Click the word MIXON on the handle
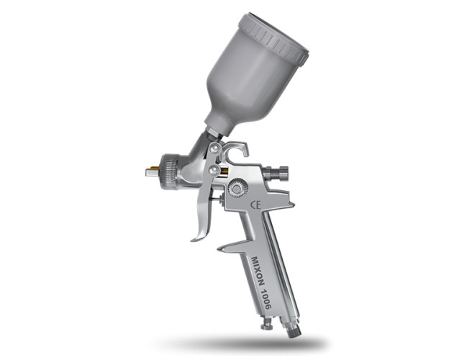click(258, 271)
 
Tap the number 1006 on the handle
click(265, 299)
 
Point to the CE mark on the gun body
click(255, 205)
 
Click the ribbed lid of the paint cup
click(273, 39)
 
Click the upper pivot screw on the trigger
click(214, 148)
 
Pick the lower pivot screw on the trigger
click(214, 169)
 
